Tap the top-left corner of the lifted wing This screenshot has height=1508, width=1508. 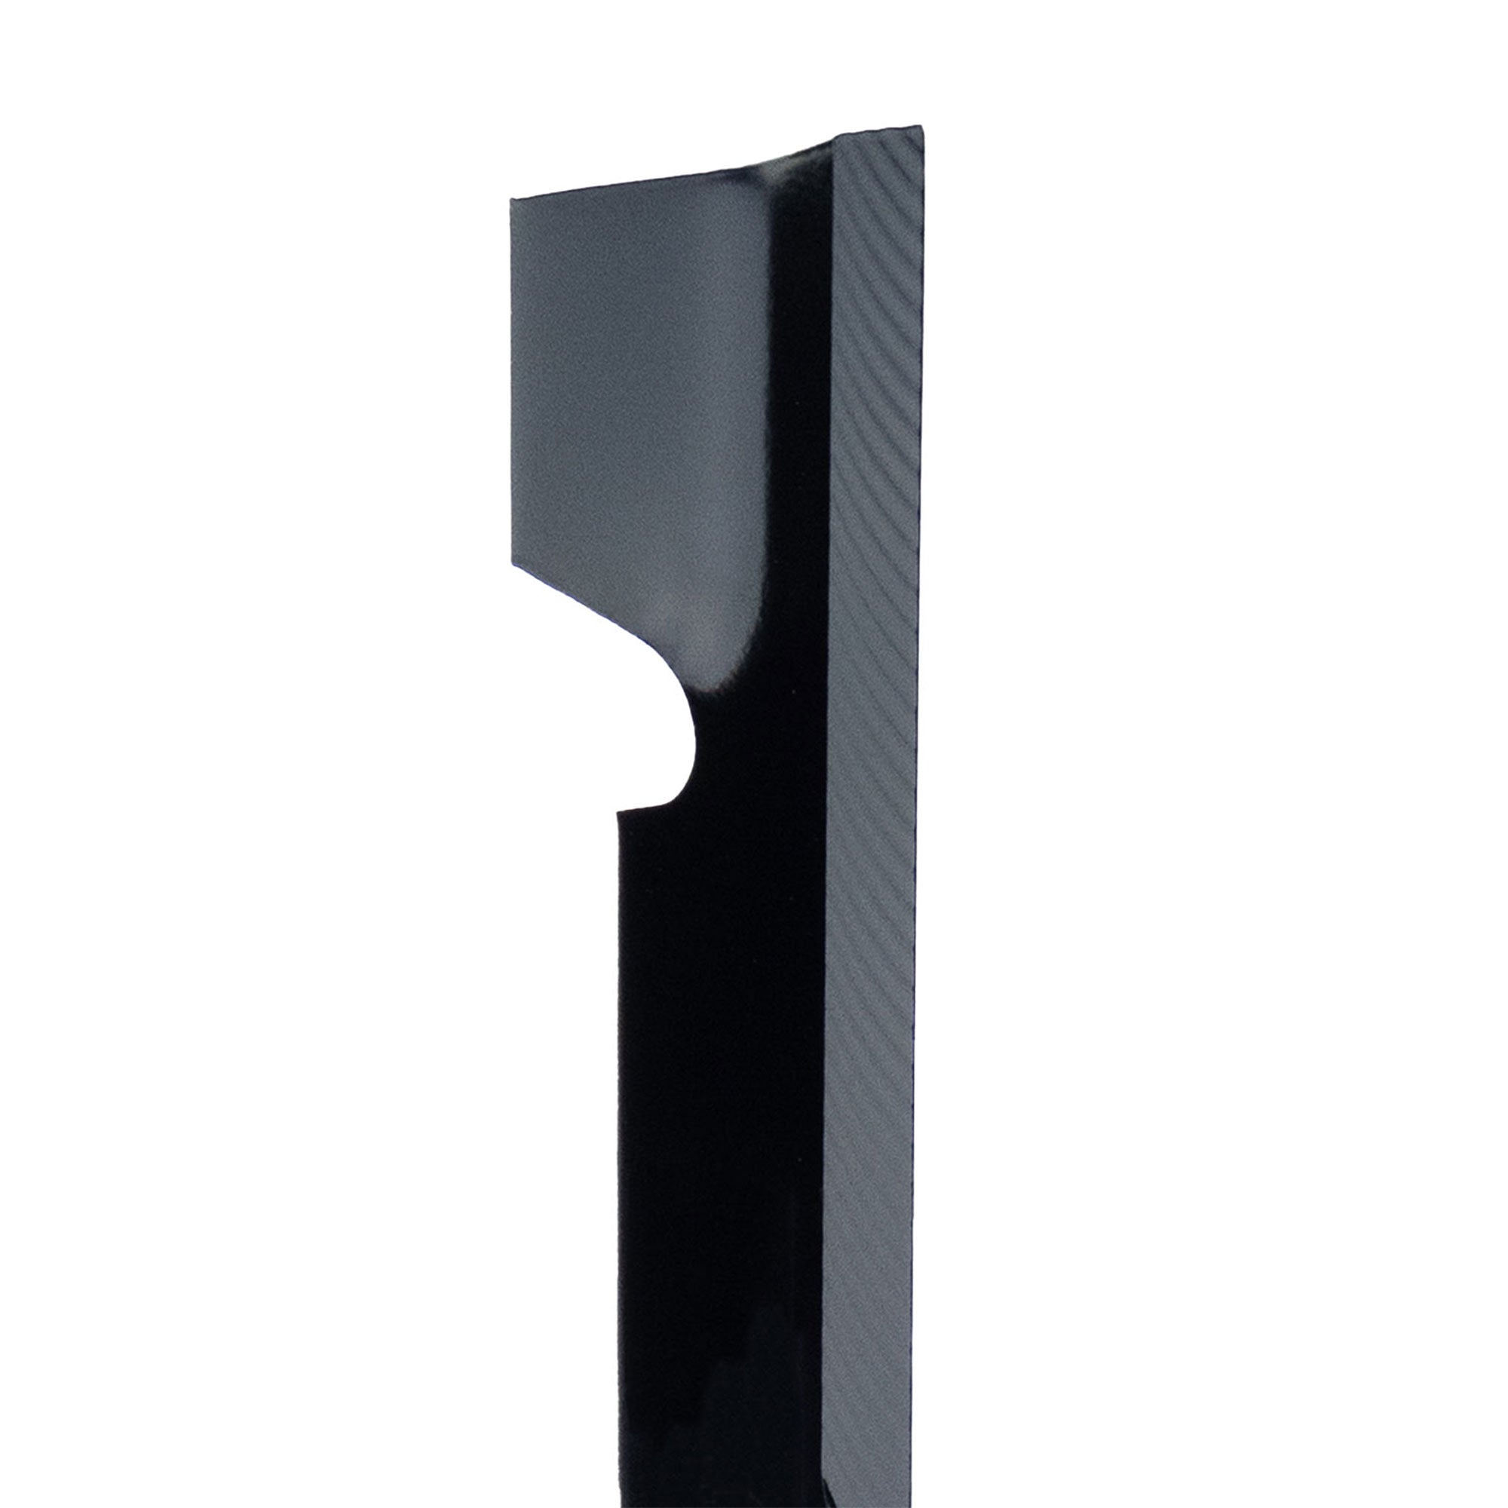click(x=511, y=200)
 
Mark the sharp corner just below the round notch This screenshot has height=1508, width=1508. click(x=619, y=812)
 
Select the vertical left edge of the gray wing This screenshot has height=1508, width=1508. click(x=512, y=382)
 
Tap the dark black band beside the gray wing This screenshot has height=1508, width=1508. click(x=796, y=468)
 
